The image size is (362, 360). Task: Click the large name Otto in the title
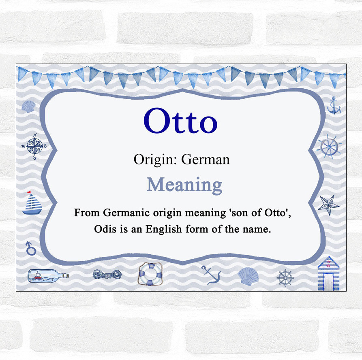pos(180,121)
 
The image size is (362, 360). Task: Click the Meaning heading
pos(184,185)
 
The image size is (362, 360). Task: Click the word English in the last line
pos(168,229)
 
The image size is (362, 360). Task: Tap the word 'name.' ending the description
pos(257,229)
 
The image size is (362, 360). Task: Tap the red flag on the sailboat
pos(28,192)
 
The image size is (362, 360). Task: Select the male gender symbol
pos(30,247)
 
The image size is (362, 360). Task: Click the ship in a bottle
pos(47,276)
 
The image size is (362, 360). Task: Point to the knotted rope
pos(107,275)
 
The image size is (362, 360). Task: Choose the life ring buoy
pos(150,274)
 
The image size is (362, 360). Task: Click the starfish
pos(328,205)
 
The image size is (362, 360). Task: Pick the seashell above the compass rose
pos(28,107)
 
